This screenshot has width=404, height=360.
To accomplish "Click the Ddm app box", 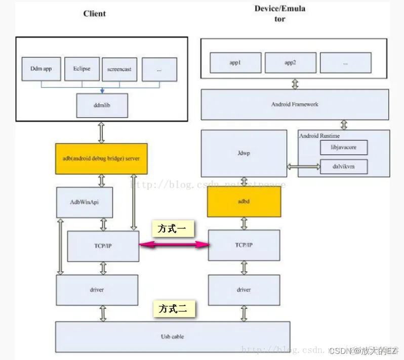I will pyautogui.click(x=41, y=69).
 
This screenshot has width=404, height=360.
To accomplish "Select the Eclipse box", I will pyautogui.click(x=82, y=68).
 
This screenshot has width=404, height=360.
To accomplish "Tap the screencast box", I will pyautogui.click(x=119, y=69).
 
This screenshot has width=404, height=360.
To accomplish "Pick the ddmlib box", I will pyautogui.click(x=102, y=106).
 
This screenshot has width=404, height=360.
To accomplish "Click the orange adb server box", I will pyautogui.click(x=101, y=158).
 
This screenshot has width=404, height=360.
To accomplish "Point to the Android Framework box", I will pyautogui.click(x=295, y=104).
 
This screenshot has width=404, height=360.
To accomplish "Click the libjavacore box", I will pyautogui.click(x=344, y=147).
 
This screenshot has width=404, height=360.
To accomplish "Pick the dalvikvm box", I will pyautogui.click(x=344, y=166).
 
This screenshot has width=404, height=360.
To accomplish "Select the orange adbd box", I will pyautogui.click(x=244, y=201).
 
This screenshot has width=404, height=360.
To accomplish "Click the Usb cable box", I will pyautogui.click(x=172, y=337).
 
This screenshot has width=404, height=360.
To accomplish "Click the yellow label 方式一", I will pyautogui.click(x=173, y=229).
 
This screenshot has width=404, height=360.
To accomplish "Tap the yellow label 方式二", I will pyautogui.click(x=173, y=309).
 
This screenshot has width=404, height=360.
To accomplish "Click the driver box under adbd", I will pyautogui.click(x=244, y=290).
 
